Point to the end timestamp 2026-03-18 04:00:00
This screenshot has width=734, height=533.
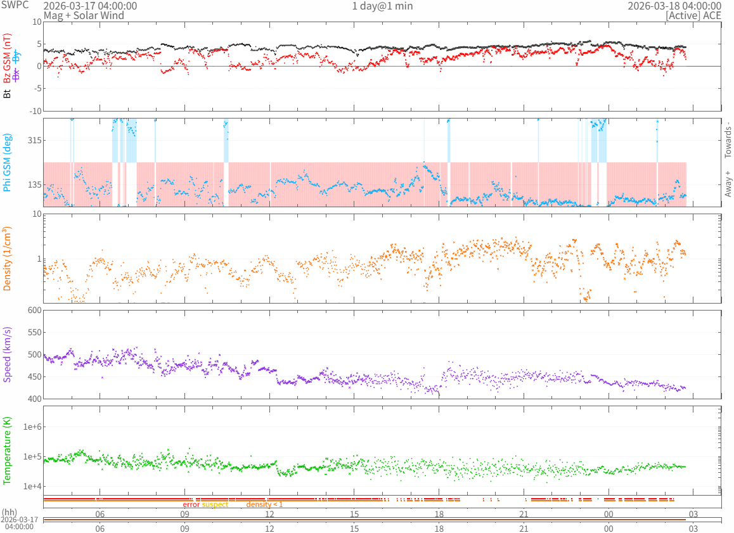click(674, 6)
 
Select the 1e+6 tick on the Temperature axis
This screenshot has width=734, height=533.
click(30, 427)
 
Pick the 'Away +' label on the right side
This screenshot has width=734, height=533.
click(728, 183)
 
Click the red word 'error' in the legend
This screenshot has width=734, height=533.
click(191, 504)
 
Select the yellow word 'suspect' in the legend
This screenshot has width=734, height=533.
click(215, 504)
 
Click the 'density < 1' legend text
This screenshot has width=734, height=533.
click(264, 504)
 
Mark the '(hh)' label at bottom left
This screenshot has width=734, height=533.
click(10, 512)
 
